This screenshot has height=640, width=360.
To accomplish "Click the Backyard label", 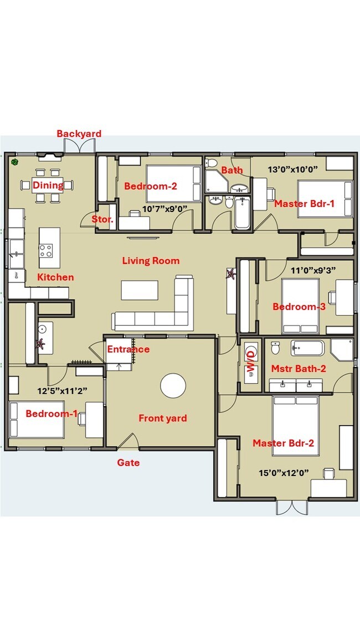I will [x=79, y=134].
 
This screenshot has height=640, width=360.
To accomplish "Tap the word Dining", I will [x=48, y=185].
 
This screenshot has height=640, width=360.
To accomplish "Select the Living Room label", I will [x=151, y=261].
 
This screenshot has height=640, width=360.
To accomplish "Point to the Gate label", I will [x=128, y=463].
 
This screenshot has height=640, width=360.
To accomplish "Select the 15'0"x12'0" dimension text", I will [x=284, y=473].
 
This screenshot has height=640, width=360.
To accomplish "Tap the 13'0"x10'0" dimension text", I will [x=292, y=169].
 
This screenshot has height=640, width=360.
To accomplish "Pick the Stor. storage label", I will [x=102, y=219].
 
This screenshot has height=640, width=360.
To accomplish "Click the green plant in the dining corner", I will [x=15, y=162].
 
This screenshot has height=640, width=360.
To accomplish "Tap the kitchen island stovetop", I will [x=47, y=251].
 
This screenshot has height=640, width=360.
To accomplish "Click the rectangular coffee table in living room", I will [x=139, y=290].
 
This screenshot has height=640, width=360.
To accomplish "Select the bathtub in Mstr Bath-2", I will [x=307, y=348].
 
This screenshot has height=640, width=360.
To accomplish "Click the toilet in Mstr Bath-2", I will [x=275, y=349].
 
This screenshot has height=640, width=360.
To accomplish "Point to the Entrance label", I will [x=128, y=349].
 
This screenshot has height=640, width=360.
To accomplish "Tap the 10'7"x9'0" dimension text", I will [x=165, y=209].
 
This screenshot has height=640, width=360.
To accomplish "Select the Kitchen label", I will [x=55, y=277].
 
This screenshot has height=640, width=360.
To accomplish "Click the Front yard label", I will [x=162, y=419].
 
